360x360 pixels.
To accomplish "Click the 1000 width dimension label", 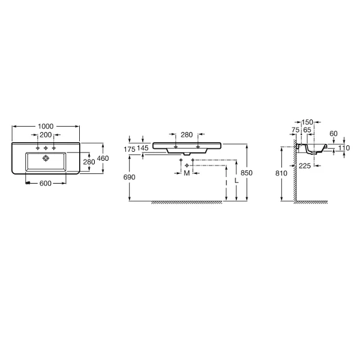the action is (46, 126).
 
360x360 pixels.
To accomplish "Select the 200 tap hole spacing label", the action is (46, 135).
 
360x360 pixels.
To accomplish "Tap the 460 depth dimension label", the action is (103, 158).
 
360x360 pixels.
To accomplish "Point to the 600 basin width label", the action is (46, 183).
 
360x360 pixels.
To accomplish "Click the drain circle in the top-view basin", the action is (46, 158).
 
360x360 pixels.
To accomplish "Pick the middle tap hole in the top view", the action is (46, 148).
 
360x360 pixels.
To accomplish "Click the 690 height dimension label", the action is (129, 177).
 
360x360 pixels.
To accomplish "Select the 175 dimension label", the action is (130, 149).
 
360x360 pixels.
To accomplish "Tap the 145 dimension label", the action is (143, 148).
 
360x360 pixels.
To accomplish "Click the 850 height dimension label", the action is (247, 173).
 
